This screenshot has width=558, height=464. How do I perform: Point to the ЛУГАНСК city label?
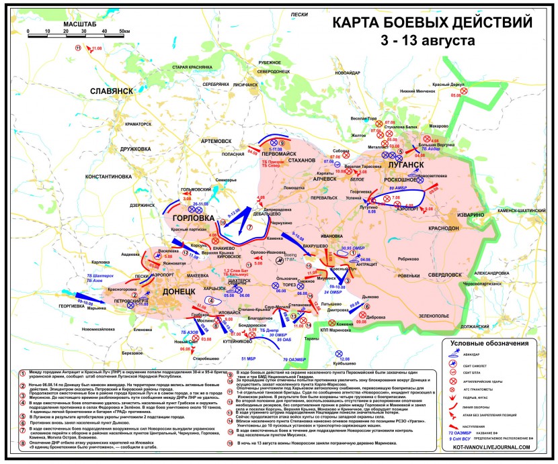(x=405, y=164)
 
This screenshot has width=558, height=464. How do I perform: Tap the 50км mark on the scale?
(x=124, y=31)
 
